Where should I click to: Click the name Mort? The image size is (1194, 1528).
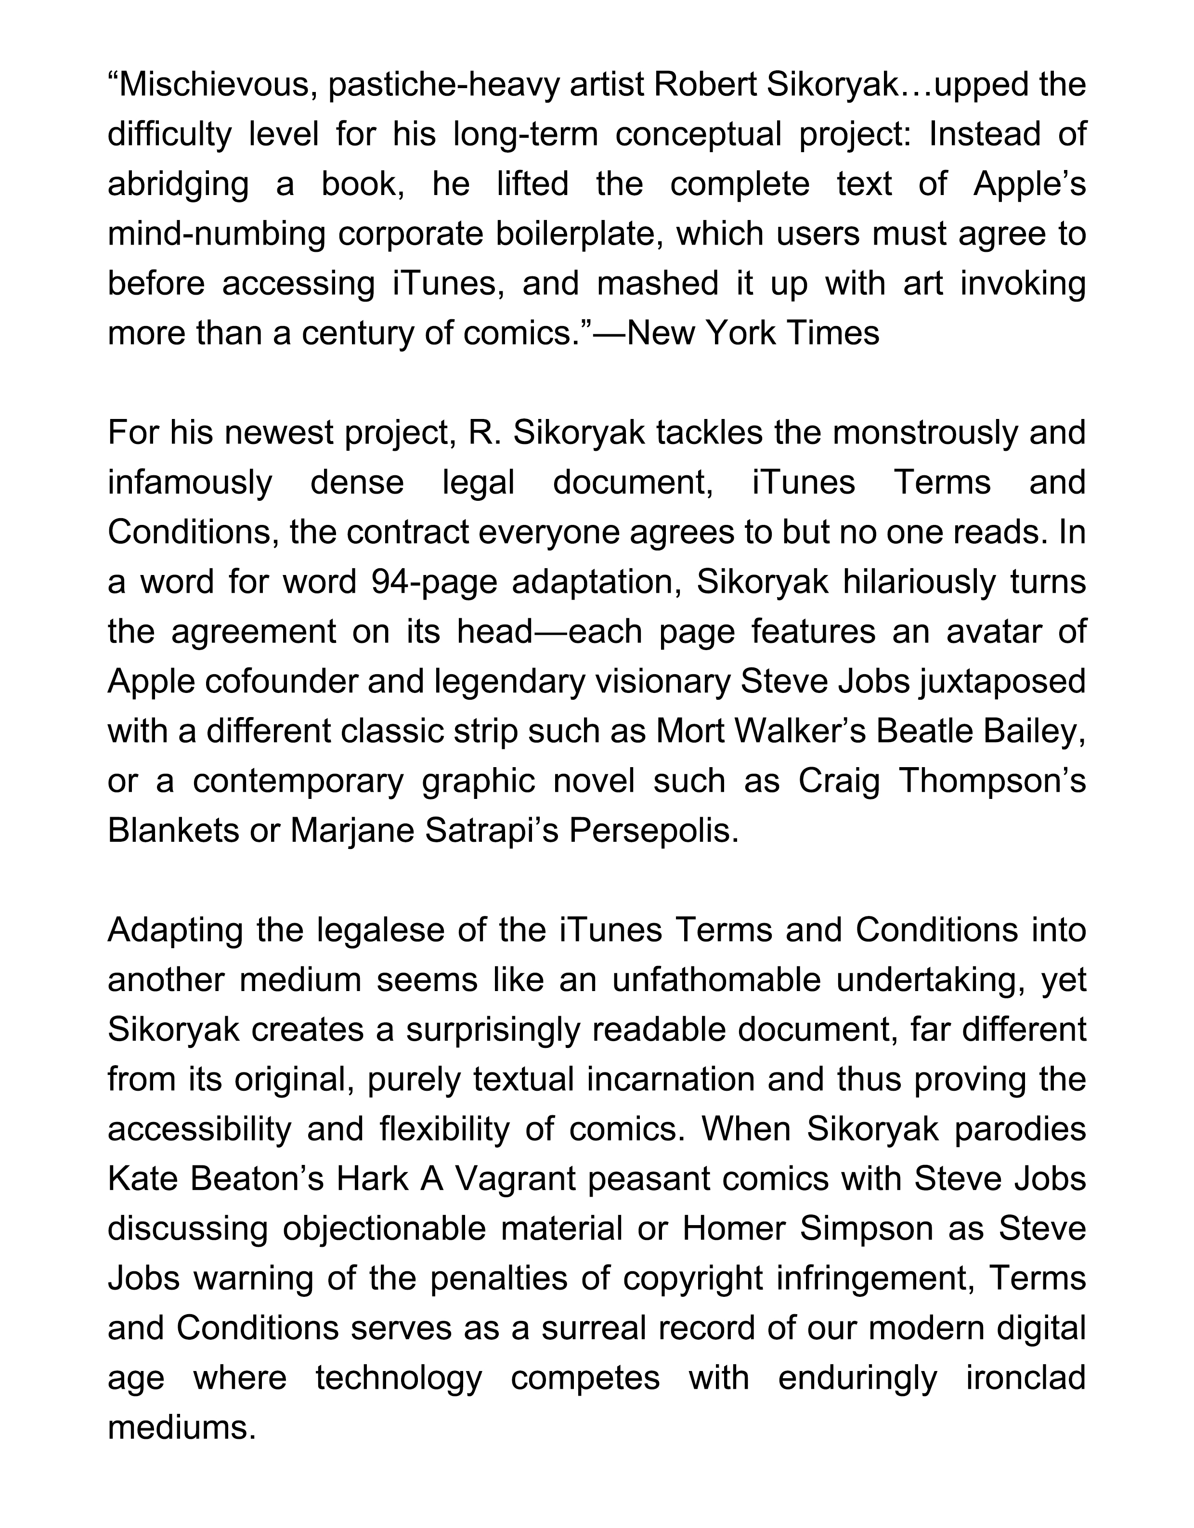[688, 731]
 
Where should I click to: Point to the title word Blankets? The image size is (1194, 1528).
[173, 831]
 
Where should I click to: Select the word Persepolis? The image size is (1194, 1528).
[653, 831]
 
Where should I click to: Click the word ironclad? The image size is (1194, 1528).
[1025, 1378]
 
